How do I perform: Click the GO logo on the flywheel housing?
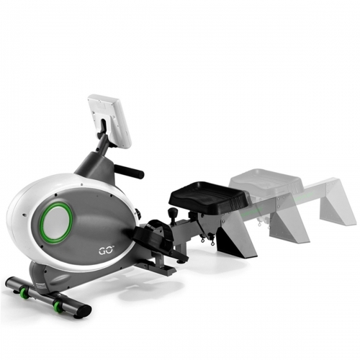click(x=106, y=251)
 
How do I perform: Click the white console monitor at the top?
click(x=110, y=120)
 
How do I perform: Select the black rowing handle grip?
click(x=129, y=170)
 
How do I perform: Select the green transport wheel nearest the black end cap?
click(x=58, y=306)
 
